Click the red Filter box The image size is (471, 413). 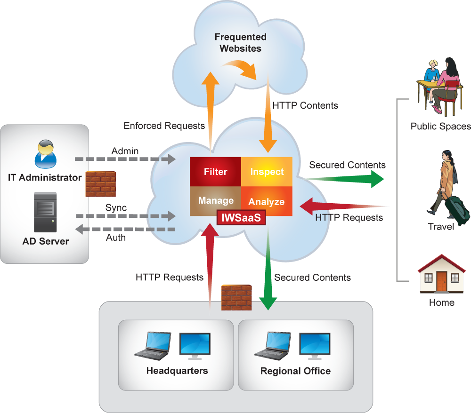pos(215,172)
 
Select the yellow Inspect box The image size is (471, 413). pos(267,172)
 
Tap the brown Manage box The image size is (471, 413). pos(215,200)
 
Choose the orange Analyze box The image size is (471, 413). pos(267,201)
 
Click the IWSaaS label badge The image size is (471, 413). pos(241,218)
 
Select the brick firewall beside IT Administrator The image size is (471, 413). pos(100,183)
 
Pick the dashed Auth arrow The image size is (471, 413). pos(125,230)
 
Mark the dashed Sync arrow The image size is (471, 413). pos(125,216)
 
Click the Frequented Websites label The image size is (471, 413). pos(240,42)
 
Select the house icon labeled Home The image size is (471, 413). pos(441,275)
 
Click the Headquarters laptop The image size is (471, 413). pos(151,345)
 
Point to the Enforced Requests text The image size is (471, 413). pos(164,126)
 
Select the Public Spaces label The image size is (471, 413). pos(440,126)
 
